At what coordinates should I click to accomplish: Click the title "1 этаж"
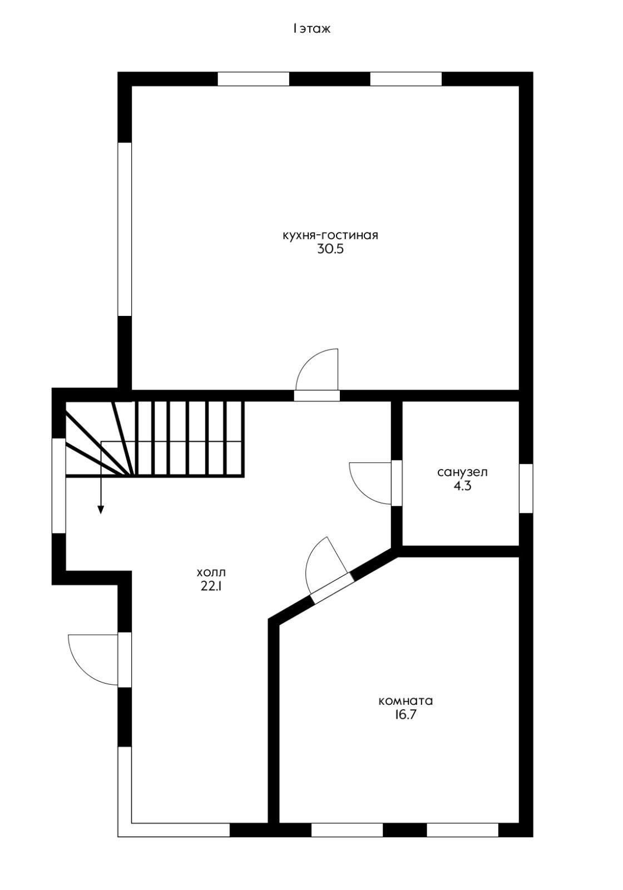click(311, 29)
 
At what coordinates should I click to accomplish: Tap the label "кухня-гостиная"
click(330, 235)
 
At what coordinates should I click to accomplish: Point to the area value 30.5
click(330, 249)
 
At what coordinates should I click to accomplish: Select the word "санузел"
click(462, 472)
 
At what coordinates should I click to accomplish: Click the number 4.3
click(462, 486)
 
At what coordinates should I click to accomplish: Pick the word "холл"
click(211, 572)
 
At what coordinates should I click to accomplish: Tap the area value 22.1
click(211, 586)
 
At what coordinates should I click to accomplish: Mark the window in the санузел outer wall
click(526, 488)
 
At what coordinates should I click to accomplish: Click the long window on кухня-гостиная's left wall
click(125, 229)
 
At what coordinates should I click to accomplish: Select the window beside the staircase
click(59, 486)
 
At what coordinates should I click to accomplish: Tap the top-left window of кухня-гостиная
click(254, 78)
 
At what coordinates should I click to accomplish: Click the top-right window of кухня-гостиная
click(406, 78)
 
